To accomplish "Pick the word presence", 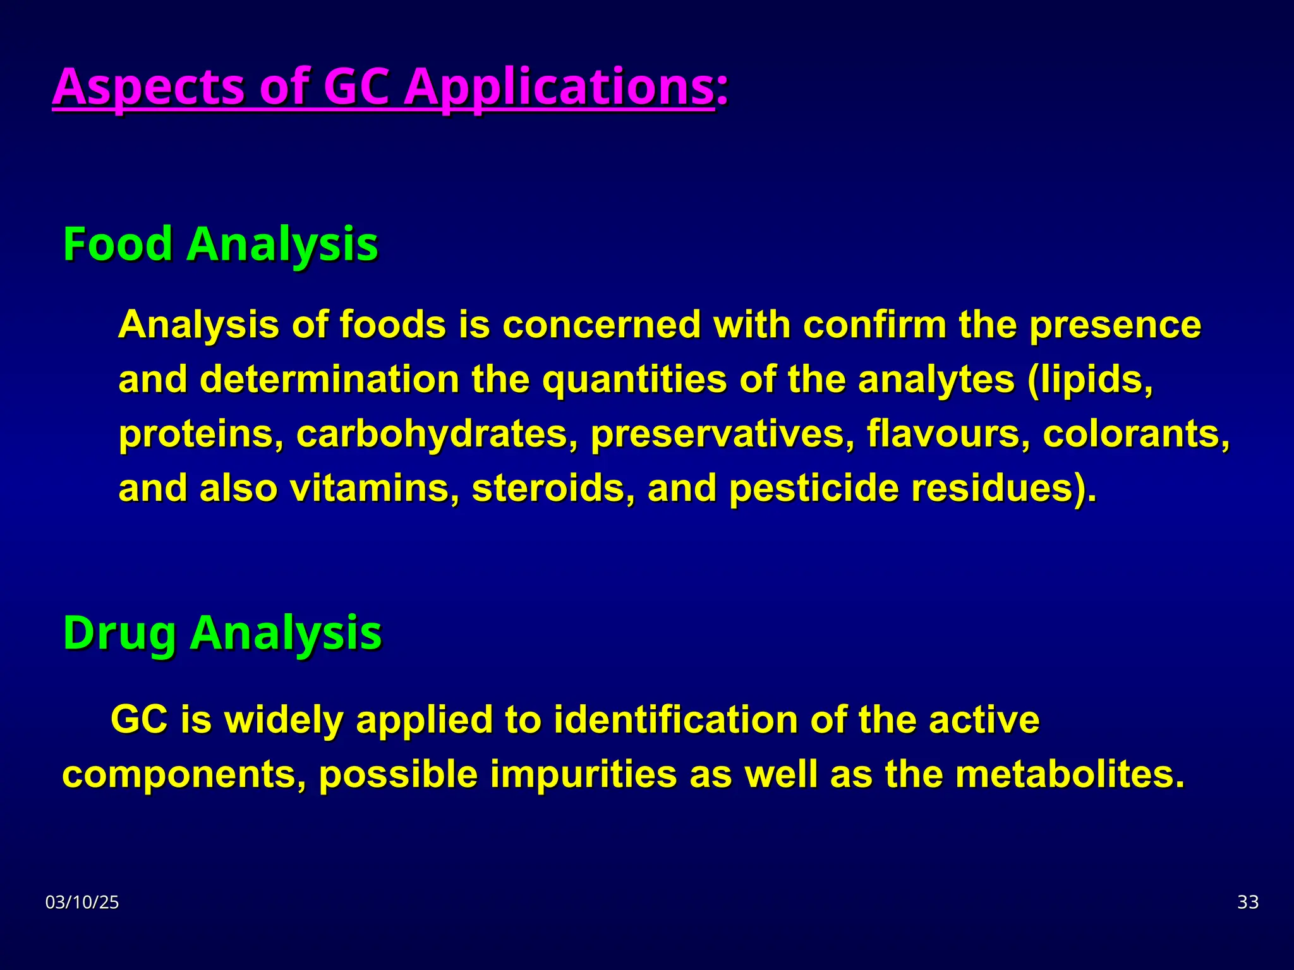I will [x=1115, y=325].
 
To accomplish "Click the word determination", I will [x=330, y=380].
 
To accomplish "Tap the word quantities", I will [x=634, y=380].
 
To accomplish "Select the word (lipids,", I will [x=1091, y=380].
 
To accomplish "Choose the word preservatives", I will [x=723, y=434].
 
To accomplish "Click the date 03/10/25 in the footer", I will [x=82, y=902].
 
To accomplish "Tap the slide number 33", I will [x=1248, y=902].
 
